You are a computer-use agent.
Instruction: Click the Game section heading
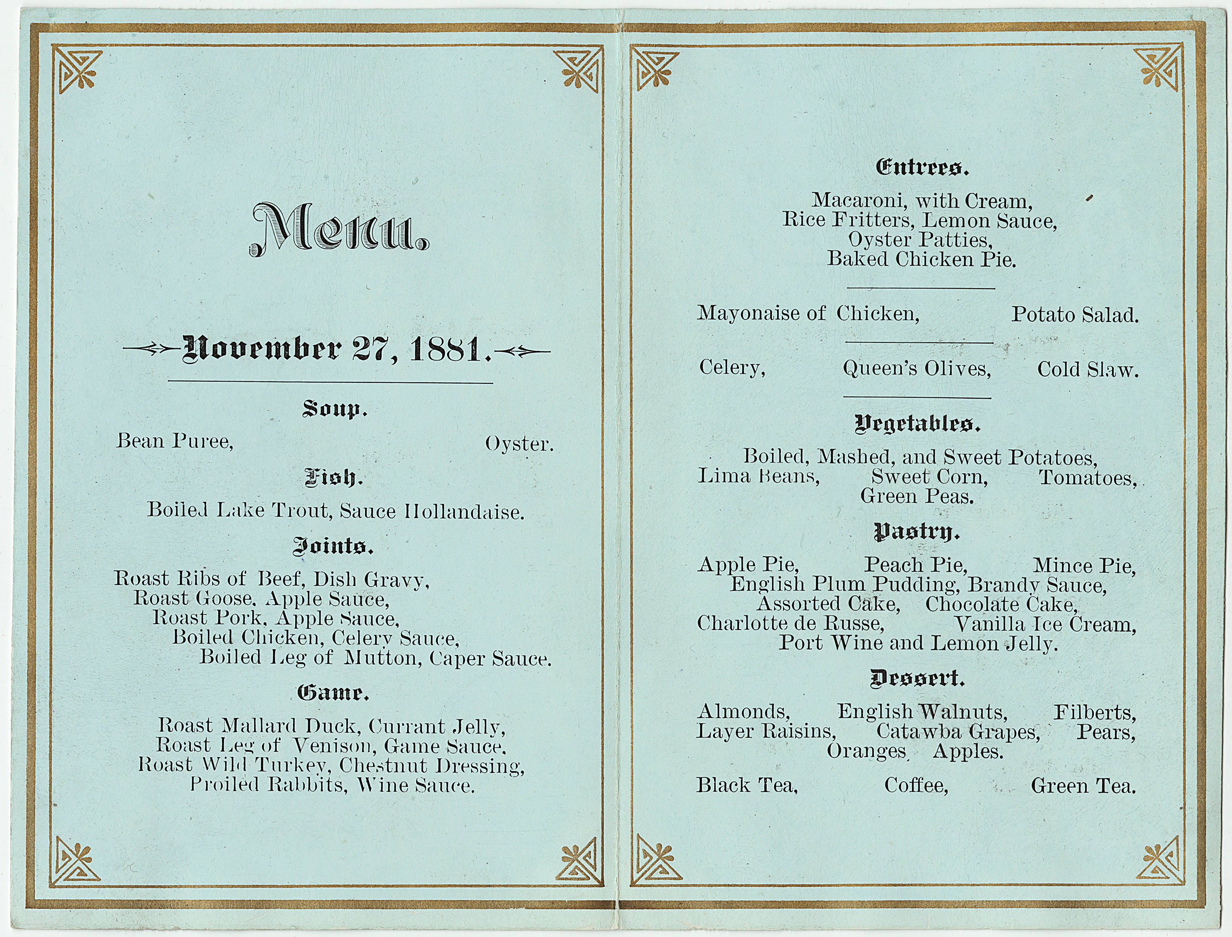tap(333, 693)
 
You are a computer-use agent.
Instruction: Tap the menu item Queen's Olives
tap(917, 369)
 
